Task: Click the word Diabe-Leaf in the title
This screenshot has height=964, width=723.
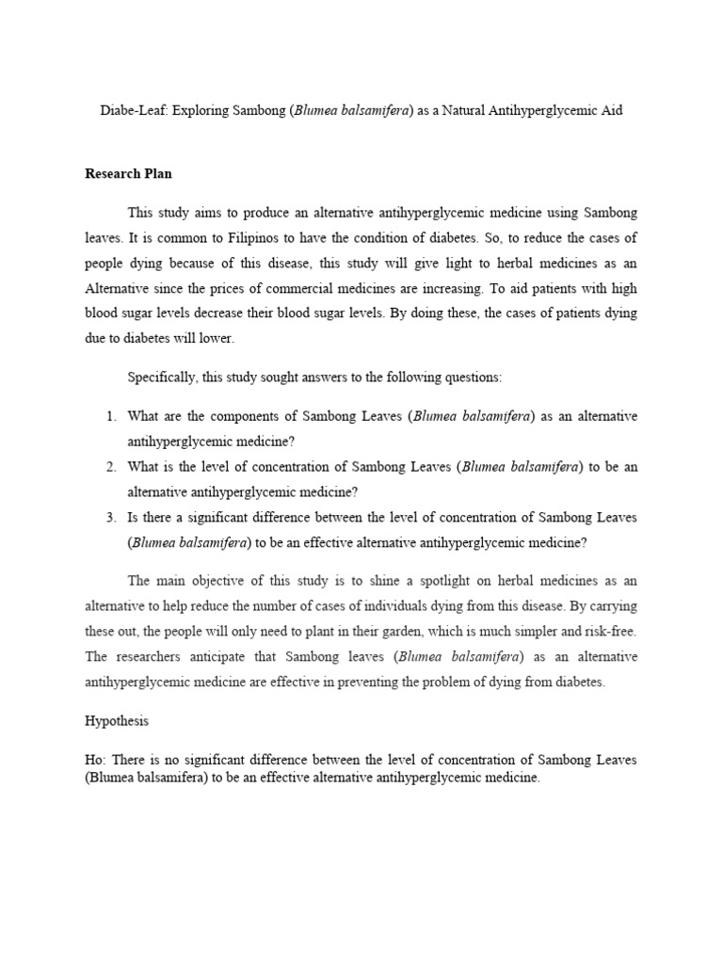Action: point(132,110)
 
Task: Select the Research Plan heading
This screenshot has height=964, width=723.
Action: point(128,174)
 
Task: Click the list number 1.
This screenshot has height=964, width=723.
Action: point(110,416)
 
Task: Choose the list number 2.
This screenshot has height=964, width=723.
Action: point(110,467)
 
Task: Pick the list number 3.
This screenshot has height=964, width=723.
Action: point(110,517)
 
